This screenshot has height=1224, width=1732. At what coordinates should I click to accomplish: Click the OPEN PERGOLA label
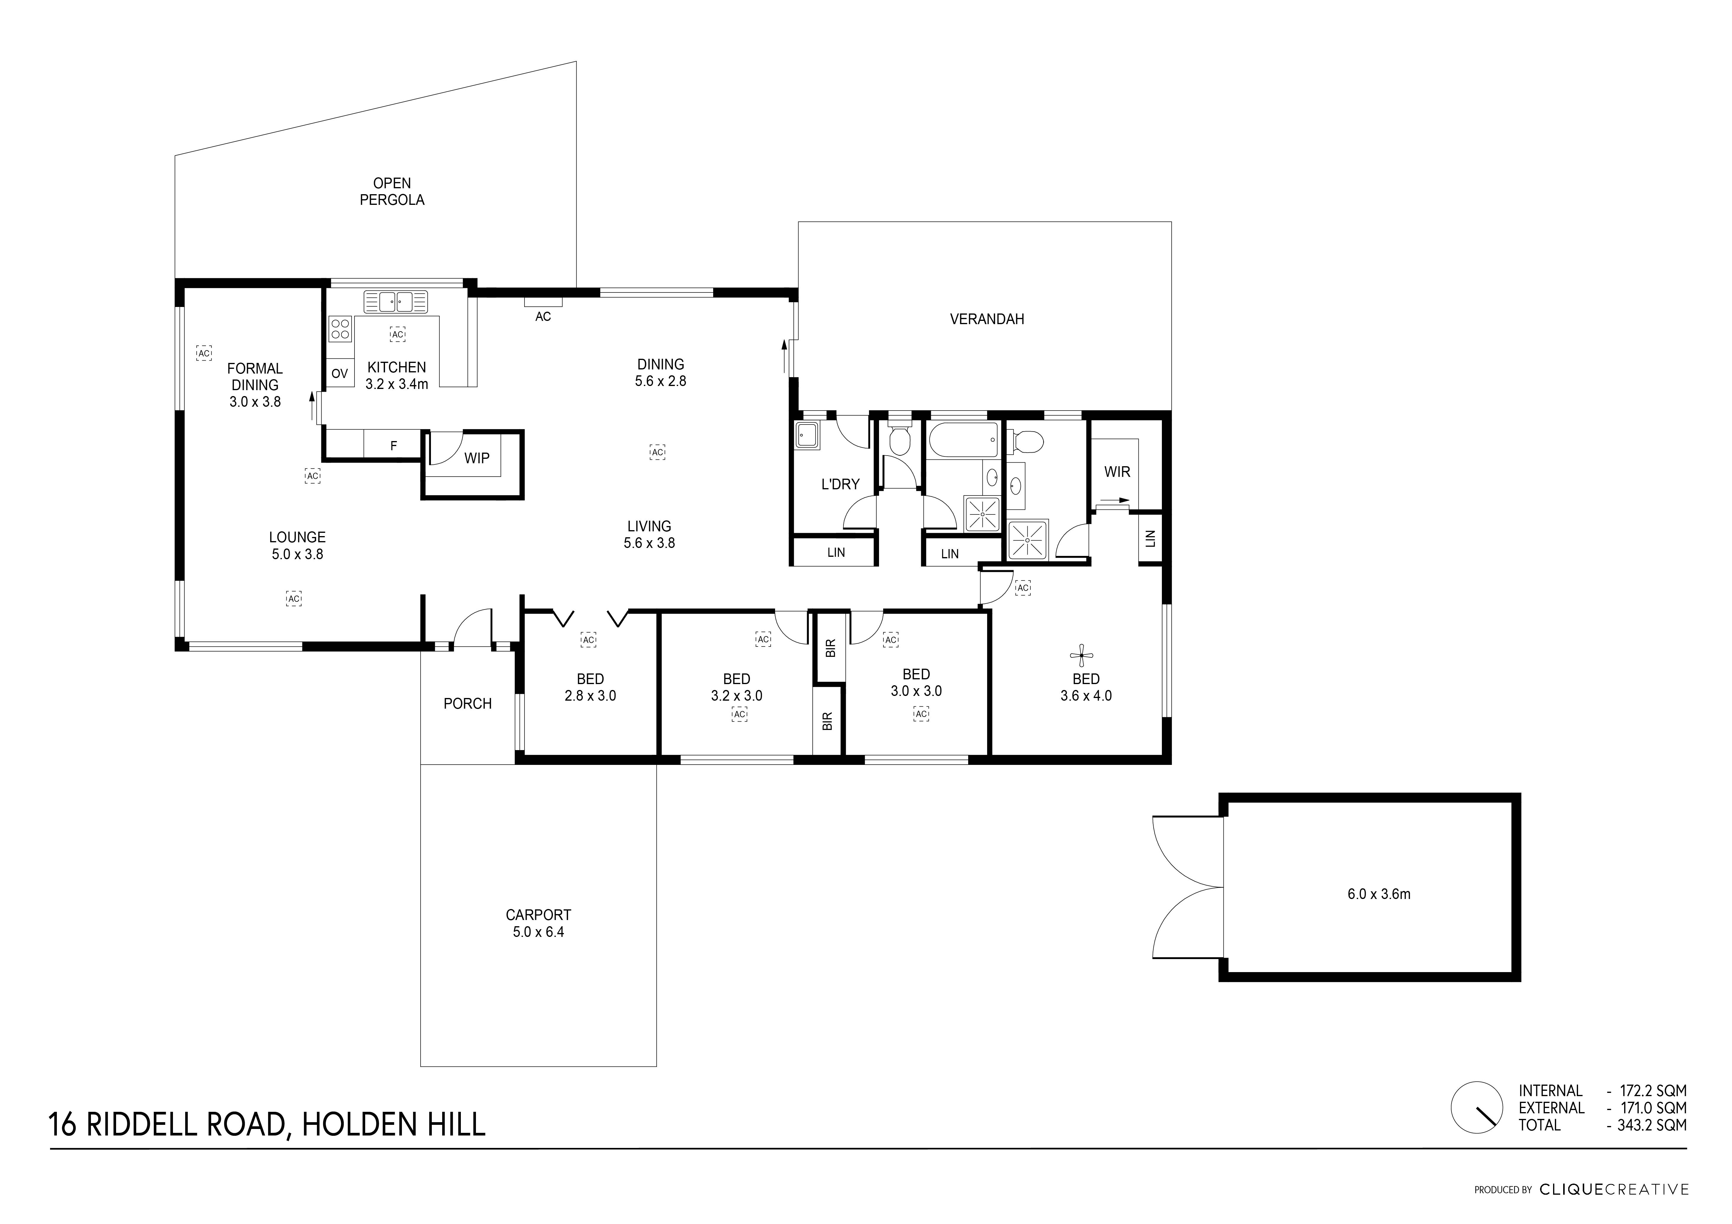click(x=392, y=192)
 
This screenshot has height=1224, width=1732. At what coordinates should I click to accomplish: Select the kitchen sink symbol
click(x=395, y=302)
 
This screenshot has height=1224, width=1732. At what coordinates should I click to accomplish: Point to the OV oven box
click(x=339, y=373)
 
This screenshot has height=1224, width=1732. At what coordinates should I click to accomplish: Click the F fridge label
click(x=393, y=446)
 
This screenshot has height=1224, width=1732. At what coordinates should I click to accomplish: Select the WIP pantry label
click(x=476, y=458)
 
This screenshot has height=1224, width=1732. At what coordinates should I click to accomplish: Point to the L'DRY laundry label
click(x=840, y=484)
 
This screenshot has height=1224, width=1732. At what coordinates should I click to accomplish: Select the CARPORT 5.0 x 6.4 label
click(x=538, y=923)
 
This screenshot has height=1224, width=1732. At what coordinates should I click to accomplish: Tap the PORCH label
click(x=467, y=704)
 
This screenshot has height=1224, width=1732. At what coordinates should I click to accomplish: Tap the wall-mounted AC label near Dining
click(x=542, y=317)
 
